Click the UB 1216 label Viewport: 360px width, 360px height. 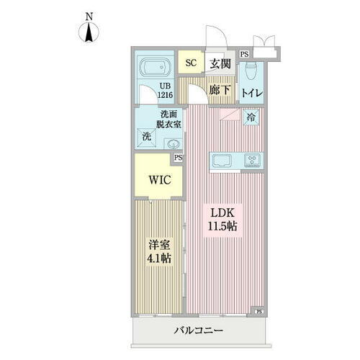click(166, 92)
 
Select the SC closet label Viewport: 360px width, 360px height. click(191, 63)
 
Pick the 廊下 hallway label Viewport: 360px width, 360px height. click(219, 91)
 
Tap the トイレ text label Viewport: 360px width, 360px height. click(251, 93)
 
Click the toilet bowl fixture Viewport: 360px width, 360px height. click(251, 71)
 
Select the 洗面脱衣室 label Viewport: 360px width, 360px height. click(171, 120)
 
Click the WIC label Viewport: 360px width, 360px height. click(159, 180)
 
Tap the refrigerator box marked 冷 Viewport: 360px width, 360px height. click(251, 117)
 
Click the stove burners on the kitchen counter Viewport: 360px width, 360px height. click(253, 161)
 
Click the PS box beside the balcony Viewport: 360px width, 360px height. click(258, 311)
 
